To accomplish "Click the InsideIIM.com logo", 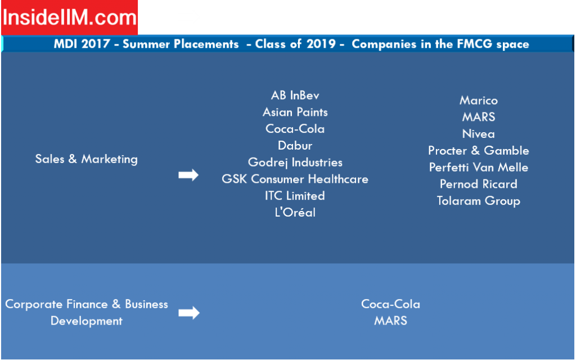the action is point(69,17).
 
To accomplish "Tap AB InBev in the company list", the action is point(295,96).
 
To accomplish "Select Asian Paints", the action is point(295,112).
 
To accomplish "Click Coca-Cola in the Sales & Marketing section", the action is point(295,129).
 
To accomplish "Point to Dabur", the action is point(295,146).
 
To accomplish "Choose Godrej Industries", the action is point(295,163).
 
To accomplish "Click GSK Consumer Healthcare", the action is point(295,179).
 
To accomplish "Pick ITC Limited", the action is point(295,195).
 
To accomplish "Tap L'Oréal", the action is point(295,212).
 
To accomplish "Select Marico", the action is point(479,100).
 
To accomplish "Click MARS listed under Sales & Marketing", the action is point(479,117).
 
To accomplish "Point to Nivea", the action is point(479,134).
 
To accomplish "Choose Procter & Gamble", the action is point(479,151).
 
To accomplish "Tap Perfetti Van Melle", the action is point(479,167).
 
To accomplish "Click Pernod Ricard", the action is point(479,184).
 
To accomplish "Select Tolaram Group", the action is point(479,201).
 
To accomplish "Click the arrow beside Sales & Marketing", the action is point(188,175).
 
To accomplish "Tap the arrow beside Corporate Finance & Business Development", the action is point(189,313).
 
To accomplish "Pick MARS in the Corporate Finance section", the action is point(390,321).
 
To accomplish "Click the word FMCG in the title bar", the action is point(475,44).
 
